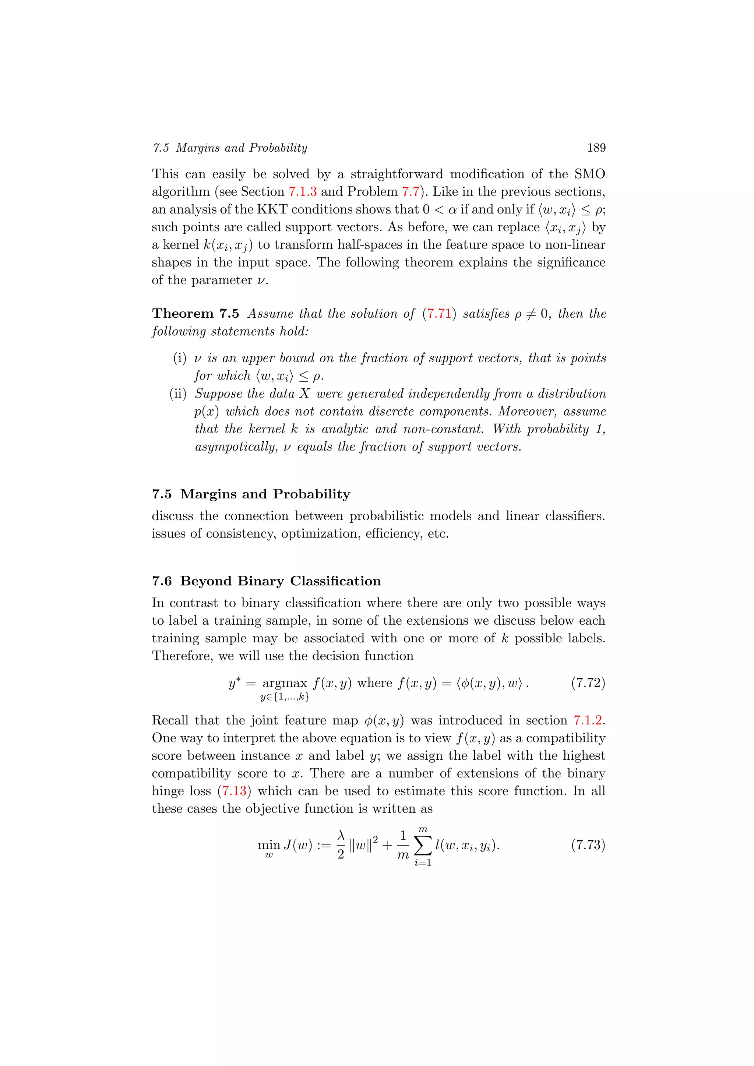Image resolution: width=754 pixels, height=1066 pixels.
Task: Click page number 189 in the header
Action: coord(596,148)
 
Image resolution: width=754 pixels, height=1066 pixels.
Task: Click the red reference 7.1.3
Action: coord(302,192)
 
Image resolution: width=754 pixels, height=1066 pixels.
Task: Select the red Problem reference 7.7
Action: coord(411,192)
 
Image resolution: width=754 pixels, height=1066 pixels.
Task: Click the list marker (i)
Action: coord(180,358)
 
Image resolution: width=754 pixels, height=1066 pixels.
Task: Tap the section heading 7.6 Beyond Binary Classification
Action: coord(267,581)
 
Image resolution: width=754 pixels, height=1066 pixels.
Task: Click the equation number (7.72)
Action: coord(588,682)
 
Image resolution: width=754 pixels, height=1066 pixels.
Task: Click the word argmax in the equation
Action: coord(285,682)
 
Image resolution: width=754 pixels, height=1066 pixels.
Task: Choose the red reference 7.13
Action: coord(234,791)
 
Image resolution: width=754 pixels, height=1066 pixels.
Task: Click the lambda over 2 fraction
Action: coord(341,845)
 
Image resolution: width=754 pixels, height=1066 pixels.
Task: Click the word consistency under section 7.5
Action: coord(240,534)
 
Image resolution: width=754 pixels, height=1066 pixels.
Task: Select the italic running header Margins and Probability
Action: coord(242,148)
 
